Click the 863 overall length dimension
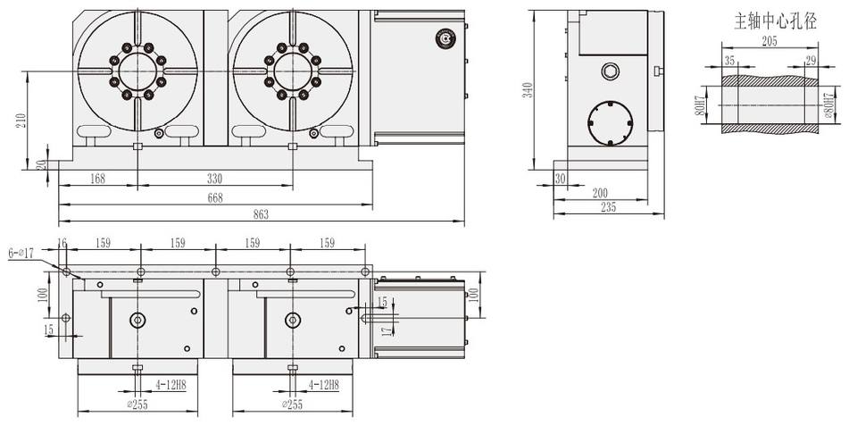[261, 213]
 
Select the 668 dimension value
[214, 197]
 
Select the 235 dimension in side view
[609, 207]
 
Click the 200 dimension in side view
[599, 192]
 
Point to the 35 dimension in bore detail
[729, 60]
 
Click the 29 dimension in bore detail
[811, 60]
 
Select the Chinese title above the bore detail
[774, 20]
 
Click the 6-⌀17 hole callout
[21, 254]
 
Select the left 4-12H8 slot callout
[171, 385]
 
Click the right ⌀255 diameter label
[294, 404]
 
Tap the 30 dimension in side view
[560, 178]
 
